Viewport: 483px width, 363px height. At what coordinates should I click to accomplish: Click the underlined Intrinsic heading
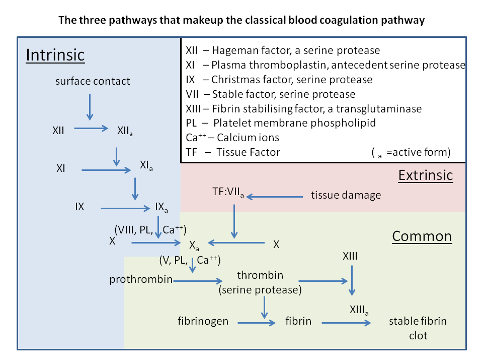coord(55,54)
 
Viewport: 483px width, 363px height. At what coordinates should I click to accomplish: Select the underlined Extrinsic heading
coord(426,175)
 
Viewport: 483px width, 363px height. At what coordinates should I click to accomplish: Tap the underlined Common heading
coord(422,236)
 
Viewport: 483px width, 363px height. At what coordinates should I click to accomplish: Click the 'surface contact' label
coord(93,81)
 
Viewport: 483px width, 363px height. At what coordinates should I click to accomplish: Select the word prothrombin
coord(141,279)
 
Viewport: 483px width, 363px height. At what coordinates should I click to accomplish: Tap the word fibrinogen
coord(203,321)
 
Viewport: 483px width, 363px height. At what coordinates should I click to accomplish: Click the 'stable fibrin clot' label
coord(418,328)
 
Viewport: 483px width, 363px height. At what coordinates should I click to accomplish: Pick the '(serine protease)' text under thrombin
coord(260,290)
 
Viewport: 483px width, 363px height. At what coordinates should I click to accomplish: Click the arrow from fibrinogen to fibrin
coord(257,322)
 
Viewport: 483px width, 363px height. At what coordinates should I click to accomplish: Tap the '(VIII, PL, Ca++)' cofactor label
coord(150,230)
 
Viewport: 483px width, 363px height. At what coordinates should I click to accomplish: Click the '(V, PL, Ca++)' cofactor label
coord(190,261)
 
